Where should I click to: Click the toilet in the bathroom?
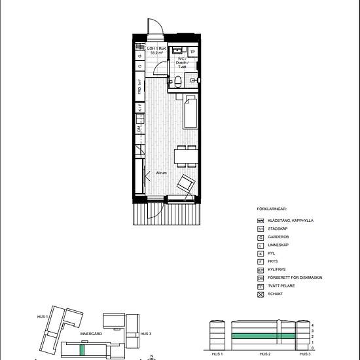tap(179, 82)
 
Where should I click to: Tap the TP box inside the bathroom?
tap(192, 51)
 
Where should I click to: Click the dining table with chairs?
tap(186, 156)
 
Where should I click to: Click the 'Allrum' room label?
tap(161, 173)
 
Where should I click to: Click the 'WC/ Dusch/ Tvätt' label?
tap(179, 63)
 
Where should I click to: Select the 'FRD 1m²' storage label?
tap(140, 87)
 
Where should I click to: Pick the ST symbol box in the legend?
tap(260, 229)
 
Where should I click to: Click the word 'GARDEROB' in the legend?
tap(281, 238)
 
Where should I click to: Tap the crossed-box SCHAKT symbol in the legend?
tap(260, 294)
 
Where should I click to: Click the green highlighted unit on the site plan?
tap(82, 349)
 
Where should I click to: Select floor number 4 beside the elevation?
tap(314, 325)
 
